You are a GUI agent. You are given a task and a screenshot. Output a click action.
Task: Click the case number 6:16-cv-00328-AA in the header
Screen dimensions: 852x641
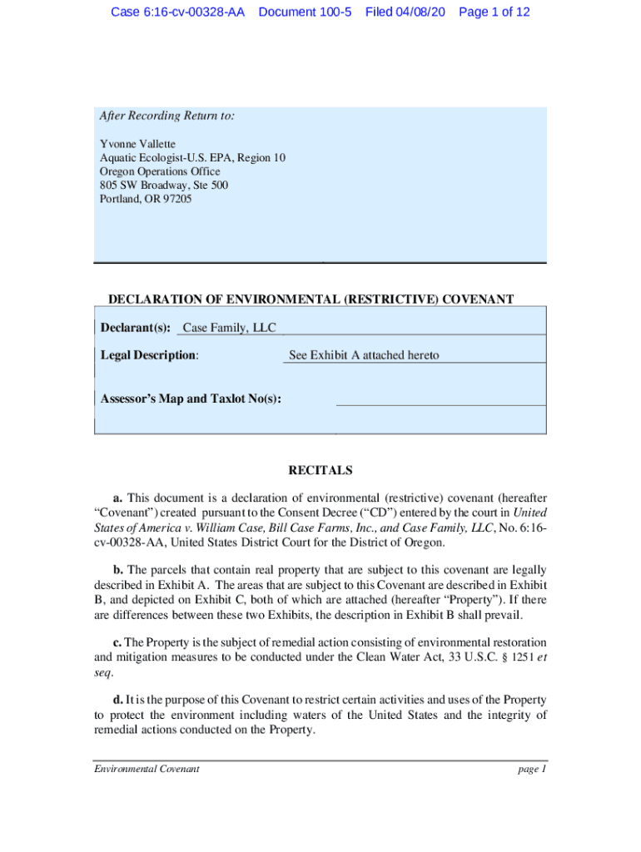click(177, 12)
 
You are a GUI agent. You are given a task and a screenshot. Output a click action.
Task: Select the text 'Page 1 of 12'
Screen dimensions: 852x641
click(494, 12)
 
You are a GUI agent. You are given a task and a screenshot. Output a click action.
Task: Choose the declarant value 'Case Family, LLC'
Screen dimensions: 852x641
click(229, 328)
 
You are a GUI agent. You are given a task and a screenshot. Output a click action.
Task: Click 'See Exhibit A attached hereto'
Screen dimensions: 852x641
click(364, 355)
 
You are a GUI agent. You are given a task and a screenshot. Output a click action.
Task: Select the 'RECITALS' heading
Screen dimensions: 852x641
click(320, 471)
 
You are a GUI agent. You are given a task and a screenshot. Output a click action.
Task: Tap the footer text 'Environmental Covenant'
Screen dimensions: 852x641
click(147, 769)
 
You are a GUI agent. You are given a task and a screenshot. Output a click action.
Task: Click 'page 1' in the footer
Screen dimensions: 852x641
click(531, 769)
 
